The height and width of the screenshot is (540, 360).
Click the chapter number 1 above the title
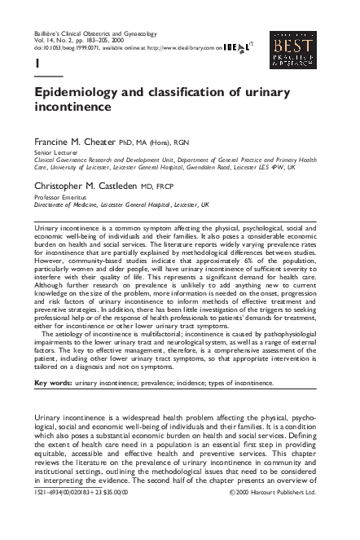click(x=37, y=63)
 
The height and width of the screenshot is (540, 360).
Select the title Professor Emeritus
click(x=59, y=197)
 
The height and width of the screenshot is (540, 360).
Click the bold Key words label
click(x=53, y=382)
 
